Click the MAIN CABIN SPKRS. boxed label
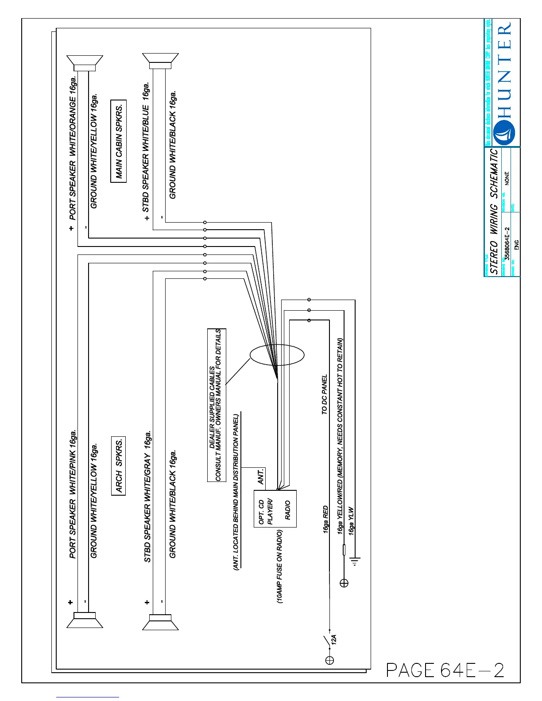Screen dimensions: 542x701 (118, 141)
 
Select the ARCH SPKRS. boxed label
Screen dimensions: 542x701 (118, 466)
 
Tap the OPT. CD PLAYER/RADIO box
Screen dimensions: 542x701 (275, 508)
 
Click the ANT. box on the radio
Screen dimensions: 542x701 (261, 477)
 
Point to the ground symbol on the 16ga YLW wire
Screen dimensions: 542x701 (355, 561)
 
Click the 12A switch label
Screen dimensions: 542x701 (334, 639)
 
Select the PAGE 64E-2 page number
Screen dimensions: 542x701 (445, 670)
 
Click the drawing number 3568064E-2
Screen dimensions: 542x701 (507, 243)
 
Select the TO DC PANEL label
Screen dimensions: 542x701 (325, 394)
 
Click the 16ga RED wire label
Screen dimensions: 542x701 (326, 519)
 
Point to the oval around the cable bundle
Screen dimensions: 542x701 (277, 355)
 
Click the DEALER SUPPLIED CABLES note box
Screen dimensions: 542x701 (217, 405)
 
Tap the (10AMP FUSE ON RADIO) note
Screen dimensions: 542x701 (280, 566)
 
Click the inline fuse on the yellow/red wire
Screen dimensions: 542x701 (344, 550)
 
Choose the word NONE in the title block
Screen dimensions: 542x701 (507, 178)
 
